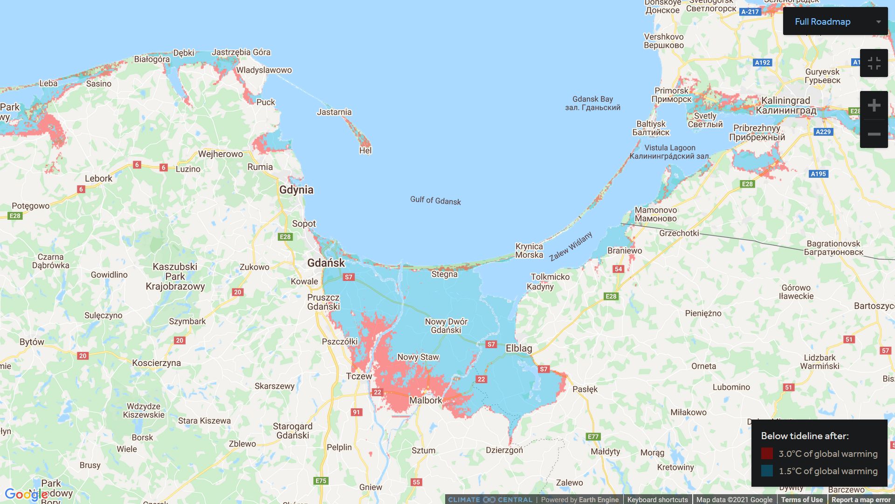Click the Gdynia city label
coord(296,190)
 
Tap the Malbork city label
coord(425,400)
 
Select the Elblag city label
coord(518,348)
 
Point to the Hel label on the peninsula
coord(365,150)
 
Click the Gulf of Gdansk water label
coord(435,200)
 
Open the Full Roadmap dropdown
coord(835,21)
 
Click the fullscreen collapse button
coord(874,63)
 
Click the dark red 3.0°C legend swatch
coord(767,454)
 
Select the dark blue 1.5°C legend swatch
coord(767,471)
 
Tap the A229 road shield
coord(823,132)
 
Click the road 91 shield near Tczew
coord(356,412)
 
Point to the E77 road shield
coord(593,437)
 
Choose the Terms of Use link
coord(802,499)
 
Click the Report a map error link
coord(861,499)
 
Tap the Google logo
coord(26,495)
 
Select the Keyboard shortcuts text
coord(657,499)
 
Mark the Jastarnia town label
coord(334,112)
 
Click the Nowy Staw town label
coord(418,357)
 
